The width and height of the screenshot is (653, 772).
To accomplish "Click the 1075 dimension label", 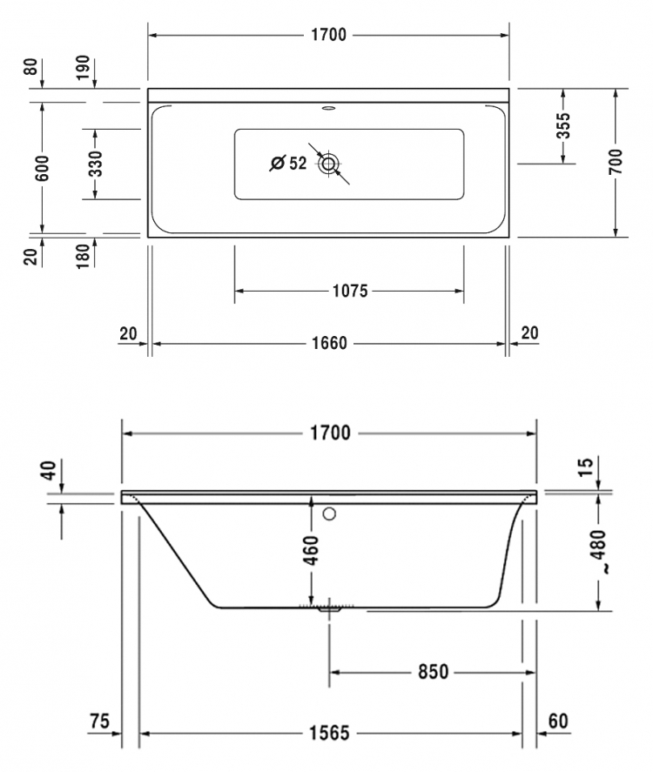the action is [x=350, y=291].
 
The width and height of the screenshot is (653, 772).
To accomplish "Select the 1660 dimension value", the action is [x=329, y=343].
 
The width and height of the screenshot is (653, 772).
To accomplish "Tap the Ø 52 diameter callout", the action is [x=288, y=163].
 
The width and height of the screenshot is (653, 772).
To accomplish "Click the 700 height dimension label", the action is [x=616, y=161].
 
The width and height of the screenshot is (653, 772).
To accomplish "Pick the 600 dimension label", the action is [x=43, y=168].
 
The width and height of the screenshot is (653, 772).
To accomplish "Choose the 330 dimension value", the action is [x=96, y=164].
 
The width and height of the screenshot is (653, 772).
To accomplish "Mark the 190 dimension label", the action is [x=83, y=67].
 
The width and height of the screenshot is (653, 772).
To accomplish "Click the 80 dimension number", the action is [x=30, y=66].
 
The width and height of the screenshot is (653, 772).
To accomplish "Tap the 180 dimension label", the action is [x=83, y=256].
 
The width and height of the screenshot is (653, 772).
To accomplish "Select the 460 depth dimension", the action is [x=311, y=550].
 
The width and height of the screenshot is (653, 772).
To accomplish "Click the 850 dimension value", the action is [x=434, y=672].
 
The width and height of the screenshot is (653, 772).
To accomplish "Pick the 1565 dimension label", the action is [x=329, y=733].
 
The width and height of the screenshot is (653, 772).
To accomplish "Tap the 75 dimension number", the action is [x=99, y=722].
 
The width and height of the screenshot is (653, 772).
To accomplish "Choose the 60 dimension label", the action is [x=558, y=722].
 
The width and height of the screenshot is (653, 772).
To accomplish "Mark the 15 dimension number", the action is [x=586, y=467].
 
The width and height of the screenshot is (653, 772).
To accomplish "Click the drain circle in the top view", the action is [x=328, y=163].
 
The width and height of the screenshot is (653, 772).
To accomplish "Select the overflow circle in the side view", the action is [x=329, y=514].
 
